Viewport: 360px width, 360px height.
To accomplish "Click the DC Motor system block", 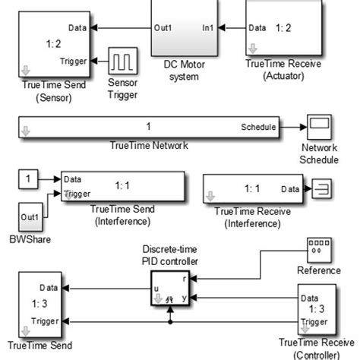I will point(187,27).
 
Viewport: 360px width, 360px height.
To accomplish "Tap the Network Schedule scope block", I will point(317,126).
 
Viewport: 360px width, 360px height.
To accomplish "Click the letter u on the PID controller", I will point(156,289).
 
